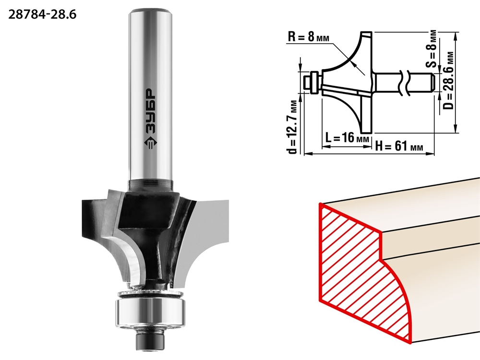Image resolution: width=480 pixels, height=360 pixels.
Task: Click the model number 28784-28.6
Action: pyautogui.click(x=42, y=14)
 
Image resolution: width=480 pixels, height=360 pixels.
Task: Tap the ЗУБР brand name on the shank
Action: pyautogui.click(x=150, y=111)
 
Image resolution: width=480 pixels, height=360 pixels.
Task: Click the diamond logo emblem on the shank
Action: pyautogui.click(x=150, y=143)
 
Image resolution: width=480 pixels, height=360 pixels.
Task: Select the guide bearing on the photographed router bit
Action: pyautogui.click(x=149, y=312)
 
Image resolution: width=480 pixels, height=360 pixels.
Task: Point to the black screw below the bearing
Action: pyautogui.click(x=149, y=340)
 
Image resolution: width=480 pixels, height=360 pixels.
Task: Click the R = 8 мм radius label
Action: pyautogui.click(x=309, y=37)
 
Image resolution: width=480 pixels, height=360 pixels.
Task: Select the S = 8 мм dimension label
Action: pyautogui.click(x=432, y=48)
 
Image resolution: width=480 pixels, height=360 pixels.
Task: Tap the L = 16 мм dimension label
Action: pyautogui.click(x=347, y=138)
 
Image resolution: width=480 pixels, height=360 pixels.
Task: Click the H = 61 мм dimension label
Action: pyautogui.click(x=399, y=146)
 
